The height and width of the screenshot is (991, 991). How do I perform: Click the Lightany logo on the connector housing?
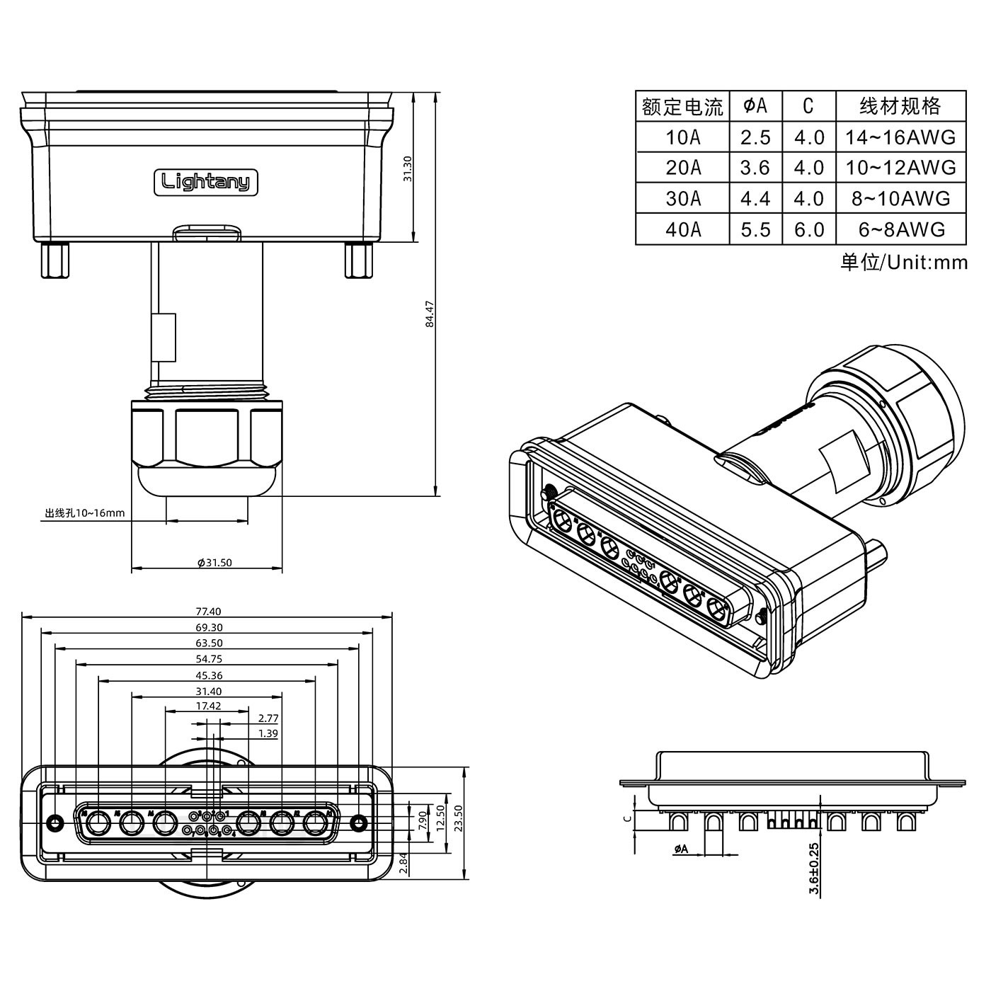[x=205, y=183]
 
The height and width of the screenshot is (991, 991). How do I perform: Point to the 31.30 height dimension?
[x=407, y=168]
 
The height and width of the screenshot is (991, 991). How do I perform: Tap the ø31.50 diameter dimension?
[x=214, y=563]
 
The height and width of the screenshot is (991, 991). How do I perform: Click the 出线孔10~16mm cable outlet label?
[x=84, y=513]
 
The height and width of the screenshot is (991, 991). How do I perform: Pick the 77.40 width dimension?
[x=207, y=612]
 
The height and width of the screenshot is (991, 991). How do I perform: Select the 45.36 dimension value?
[x=207, y=676]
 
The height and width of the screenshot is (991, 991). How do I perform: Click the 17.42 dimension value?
[x=207, y=706]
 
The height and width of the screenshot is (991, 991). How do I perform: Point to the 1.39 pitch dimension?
[x=268, y=734]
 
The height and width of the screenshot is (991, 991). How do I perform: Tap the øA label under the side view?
[x=680, y=849]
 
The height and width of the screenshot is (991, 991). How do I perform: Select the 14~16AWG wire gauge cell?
[x=900, y=137]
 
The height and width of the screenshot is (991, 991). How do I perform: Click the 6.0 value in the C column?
[x=808, y=229]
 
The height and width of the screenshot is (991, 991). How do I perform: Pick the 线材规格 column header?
[x=900, y=106]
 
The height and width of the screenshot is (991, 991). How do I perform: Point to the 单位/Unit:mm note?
[x=903, y=263]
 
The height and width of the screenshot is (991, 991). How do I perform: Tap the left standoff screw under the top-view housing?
[x=56, y=260]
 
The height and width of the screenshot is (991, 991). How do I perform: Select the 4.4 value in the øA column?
[x=755, y=199]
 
